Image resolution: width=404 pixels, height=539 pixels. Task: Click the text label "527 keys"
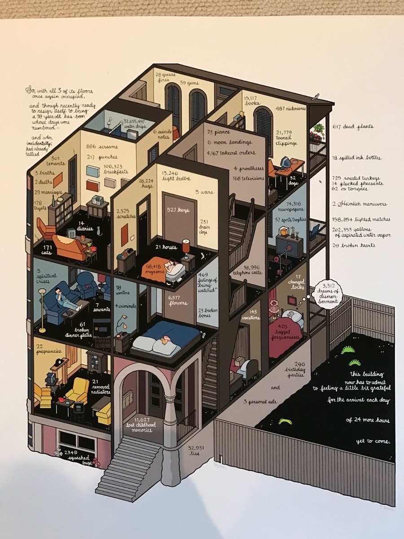point(177,210)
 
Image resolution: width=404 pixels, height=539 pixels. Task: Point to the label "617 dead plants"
point(353,127)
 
